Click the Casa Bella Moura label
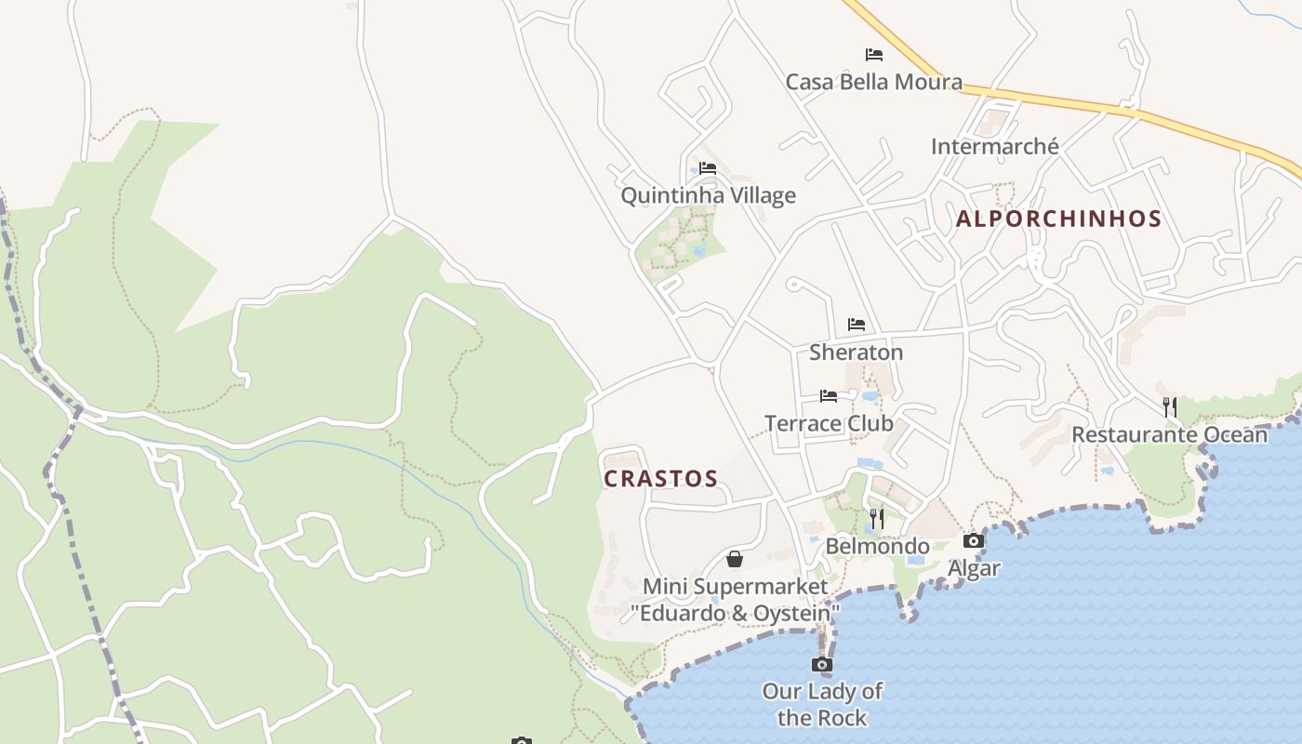coord(873,82)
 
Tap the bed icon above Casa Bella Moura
coord(873,55)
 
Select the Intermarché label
coord(994,146)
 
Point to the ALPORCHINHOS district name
coord(1058,219)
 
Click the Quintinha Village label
coord(708,195)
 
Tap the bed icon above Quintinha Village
coord(708,168)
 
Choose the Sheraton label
coord(856,352)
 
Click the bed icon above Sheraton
coord(857,325)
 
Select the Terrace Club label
coord(829,424)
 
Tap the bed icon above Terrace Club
coord(829,396)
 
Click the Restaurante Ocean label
coord(1169,434)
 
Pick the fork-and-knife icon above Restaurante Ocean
coord(1170,406)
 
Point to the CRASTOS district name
coord(660,479)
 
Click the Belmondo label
coord(877,546)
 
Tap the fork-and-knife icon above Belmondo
coord(877,518)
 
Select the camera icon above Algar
coord(974,541)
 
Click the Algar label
coord(974,568)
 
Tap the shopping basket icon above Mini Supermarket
coord(735,559)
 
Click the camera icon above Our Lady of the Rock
coord(822,664)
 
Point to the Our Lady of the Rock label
coord(822,704)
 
